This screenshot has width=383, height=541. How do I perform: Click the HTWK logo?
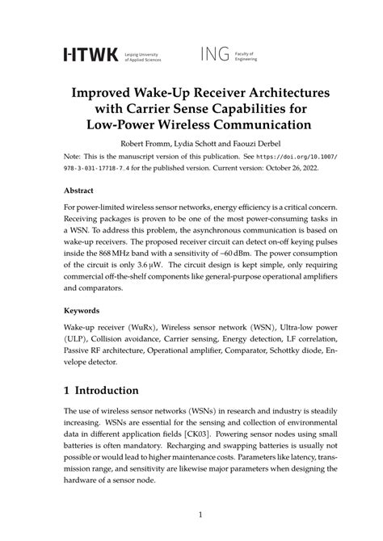coord(90,54)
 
